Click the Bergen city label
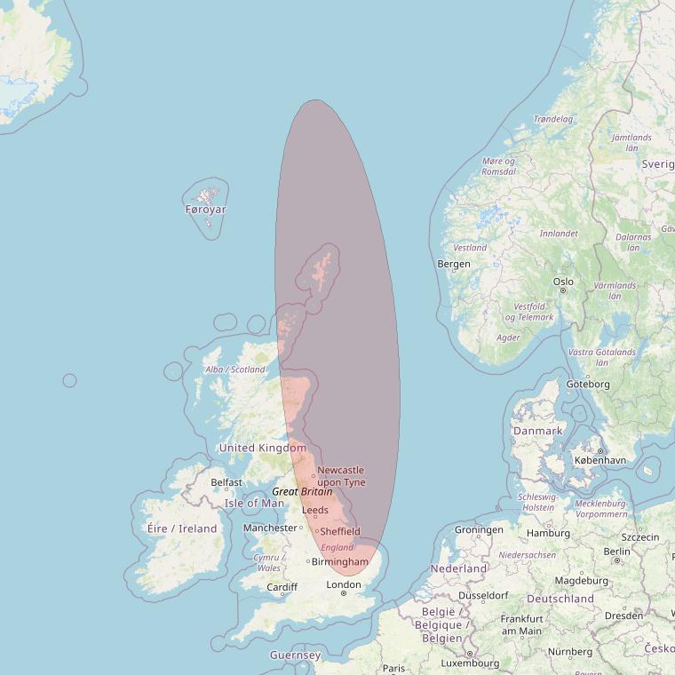point(454,264)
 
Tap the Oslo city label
point(563,282)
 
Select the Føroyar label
point(206,210)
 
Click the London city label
point(344,584)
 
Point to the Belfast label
point(226,482)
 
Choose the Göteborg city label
point(588,384)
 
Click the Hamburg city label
point(548,533)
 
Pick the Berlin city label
point(616,551)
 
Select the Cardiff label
point(282,587)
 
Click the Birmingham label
point(339,562)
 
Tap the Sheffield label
point(340,531)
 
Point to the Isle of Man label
point(254,503)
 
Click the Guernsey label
point(295,655)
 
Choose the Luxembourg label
point(469,663)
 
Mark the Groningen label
point(479,530)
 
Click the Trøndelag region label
point(552,119)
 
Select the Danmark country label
point(537,431)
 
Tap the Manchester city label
point(270,528)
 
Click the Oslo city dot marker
point(563,290)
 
